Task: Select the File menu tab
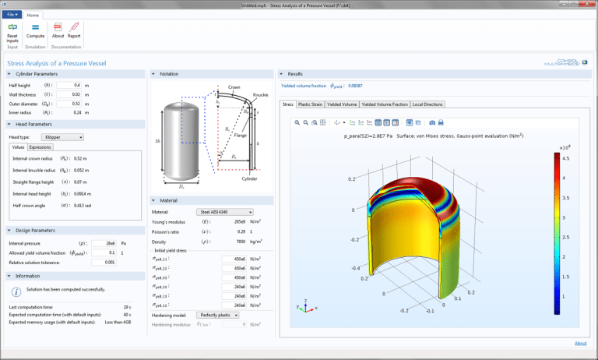point(11,14)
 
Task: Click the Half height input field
point(71,84)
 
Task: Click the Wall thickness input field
point(71,94)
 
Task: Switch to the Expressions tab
point(40,146)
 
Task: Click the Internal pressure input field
point(103,242)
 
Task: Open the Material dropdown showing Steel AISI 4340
point(225,211)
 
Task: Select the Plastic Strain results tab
point(311,103)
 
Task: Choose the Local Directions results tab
point(427,103)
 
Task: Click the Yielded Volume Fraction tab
point(384,103)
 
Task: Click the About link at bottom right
point(581,343)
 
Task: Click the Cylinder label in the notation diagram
point(248,178)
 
